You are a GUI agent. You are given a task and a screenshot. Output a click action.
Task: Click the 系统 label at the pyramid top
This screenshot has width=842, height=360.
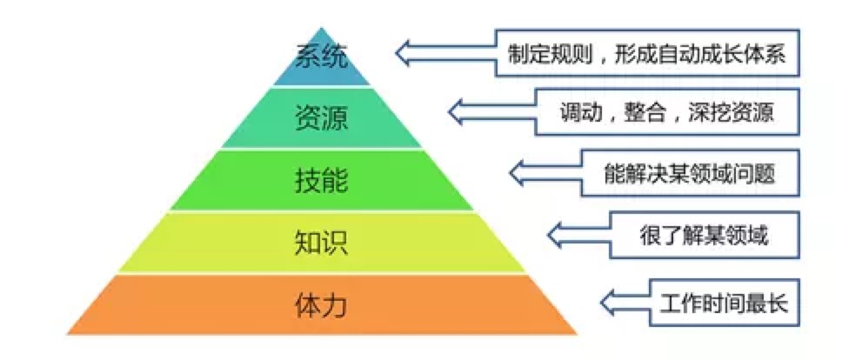pos(322,57)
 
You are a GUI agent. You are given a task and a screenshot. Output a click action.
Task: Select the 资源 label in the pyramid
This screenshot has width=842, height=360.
pos(322,117)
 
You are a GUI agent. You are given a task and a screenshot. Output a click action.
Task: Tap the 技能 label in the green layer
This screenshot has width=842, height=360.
pos(322,180)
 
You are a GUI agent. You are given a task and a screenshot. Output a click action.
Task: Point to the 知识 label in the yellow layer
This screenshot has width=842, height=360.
pos(322,243)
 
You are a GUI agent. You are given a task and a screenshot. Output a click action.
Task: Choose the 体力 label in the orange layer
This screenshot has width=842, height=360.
pos(322,305)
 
